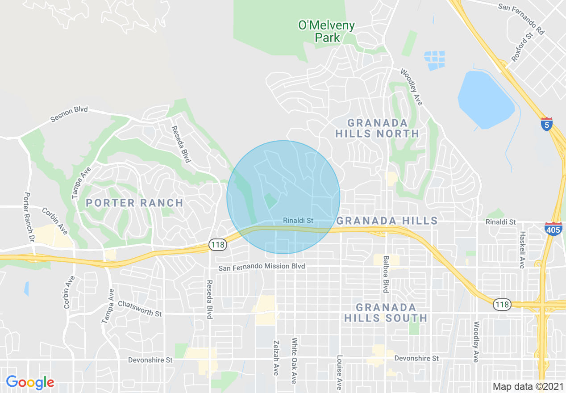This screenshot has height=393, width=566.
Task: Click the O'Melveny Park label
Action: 326,32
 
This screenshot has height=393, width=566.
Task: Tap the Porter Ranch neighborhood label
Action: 134,203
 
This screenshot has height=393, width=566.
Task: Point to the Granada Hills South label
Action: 386,313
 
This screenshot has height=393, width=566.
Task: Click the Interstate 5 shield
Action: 547,124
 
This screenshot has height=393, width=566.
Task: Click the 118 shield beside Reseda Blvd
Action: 218,244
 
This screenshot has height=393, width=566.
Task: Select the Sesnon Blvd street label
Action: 69,114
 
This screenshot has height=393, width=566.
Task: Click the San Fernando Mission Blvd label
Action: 262,267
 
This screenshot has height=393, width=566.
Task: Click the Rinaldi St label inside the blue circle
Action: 298,221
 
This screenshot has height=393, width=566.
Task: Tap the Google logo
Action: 30,382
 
